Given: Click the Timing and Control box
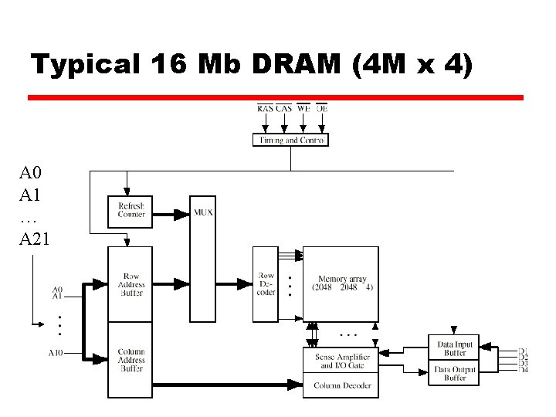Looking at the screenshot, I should [290, 140].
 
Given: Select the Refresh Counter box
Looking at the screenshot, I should [131, 209].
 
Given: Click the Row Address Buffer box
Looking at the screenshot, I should [131, 285].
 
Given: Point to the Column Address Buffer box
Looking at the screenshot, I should [131, 360].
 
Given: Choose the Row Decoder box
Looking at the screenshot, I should [265, 284].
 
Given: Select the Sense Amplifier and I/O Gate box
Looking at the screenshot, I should [342, 361].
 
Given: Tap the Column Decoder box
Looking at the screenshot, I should [342, 386].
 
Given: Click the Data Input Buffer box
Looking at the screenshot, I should [455, 349].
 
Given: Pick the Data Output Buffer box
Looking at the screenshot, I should [455, 374].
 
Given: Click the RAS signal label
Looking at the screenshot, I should [265, 109].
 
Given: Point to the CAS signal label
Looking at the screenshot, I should [283, 109].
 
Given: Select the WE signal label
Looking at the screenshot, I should [303, 109].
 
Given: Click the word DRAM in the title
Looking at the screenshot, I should [297, 66].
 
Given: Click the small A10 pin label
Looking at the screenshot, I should [56, 353].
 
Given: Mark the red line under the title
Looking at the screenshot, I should [276, 98].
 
